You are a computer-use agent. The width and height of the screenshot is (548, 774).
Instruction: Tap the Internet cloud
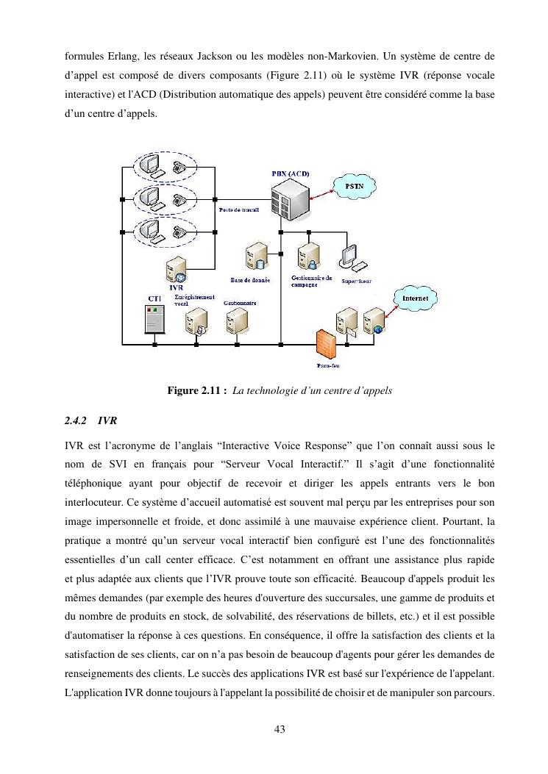coord(416,298)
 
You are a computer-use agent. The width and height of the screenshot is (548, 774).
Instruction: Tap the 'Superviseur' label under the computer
coord(356,281)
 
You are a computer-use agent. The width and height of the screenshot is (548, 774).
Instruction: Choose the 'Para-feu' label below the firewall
coord(327,365)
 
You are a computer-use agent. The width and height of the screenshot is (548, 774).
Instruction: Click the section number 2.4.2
coord(76,421)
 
